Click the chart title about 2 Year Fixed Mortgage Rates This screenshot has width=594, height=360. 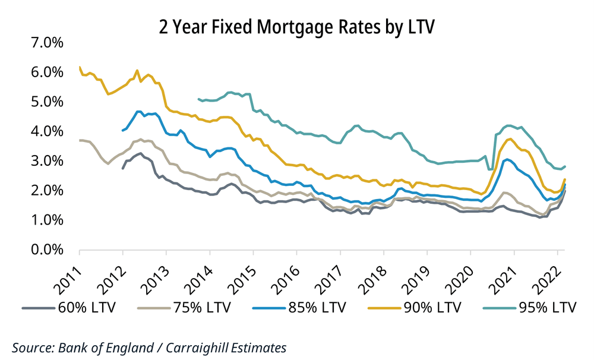296,26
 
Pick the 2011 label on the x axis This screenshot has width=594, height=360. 68,274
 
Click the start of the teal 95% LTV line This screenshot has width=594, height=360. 198,99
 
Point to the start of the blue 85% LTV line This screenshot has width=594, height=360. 122,130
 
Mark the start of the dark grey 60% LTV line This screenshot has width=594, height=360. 122,169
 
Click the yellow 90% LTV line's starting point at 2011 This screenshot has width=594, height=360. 80,67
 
